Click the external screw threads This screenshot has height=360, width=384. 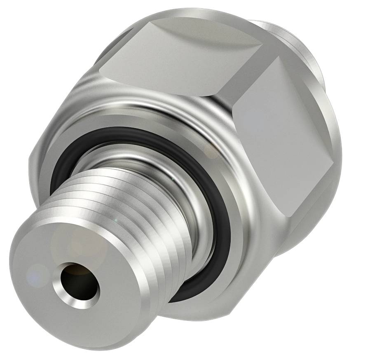(x=136, y=214)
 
